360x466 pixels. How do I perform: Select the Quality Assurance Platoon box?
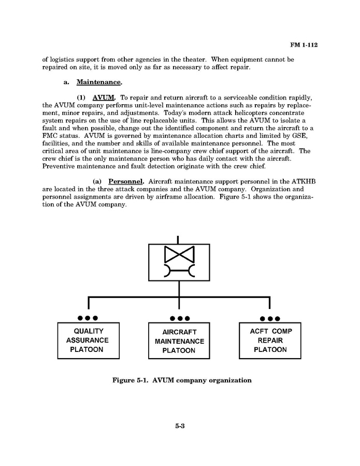(88, 340)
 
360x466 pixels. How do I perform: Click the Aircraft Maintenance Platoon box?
(179, 341)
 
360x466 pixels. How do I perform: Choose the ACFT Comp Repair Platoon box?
(270, 340)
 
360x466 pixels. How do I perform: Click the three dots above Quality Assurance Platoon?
(88, 318)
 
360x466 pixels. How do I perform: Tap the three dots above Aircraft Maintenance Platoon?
(179, 318)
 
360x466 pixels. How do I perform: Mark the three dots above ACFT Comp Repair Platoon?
(270, 318)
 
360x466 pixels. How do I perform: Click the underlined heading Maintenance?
(99, 82)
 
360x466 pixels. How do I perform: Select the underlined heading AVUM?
(104, 97)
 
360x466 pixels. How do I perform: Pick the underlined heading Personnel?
(125, 181)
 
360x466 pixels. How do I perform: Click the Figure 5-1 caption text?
(182, 380)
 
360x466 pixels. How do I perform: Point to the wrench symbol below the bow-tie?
(179, 271)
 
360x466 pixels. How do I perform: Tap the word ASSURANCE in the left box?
(88, 340)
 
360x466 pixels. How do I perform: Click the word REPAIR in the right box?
(270, 340)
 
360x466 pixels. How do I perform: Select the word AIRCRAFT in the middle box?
(179, 332)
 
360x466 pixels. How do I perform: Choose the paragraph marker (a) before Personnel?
(97, 181)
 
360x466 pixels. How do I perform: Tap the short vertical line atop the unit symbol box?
(179, 239)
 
